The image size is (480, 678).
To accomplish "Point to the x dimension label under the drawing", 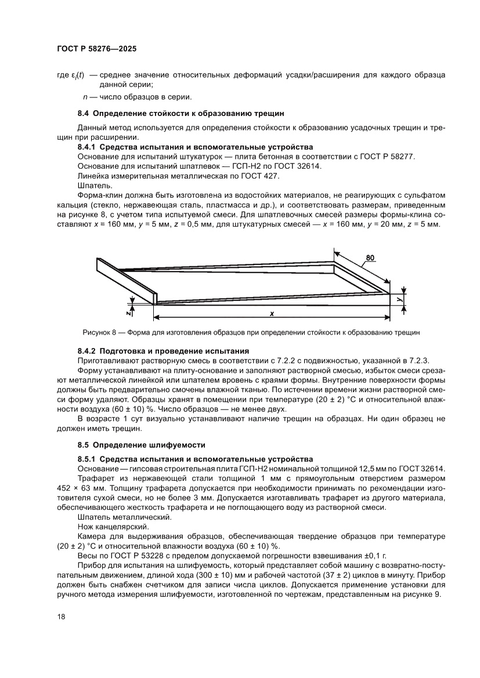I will point(272,313).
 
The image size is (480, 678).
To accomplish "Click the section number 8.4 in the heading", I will point(84,113).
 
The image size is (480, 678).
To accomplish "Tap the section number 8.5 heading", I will point(84,445).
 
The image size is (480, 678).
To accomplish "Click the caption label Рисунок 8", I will point(103,332).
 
